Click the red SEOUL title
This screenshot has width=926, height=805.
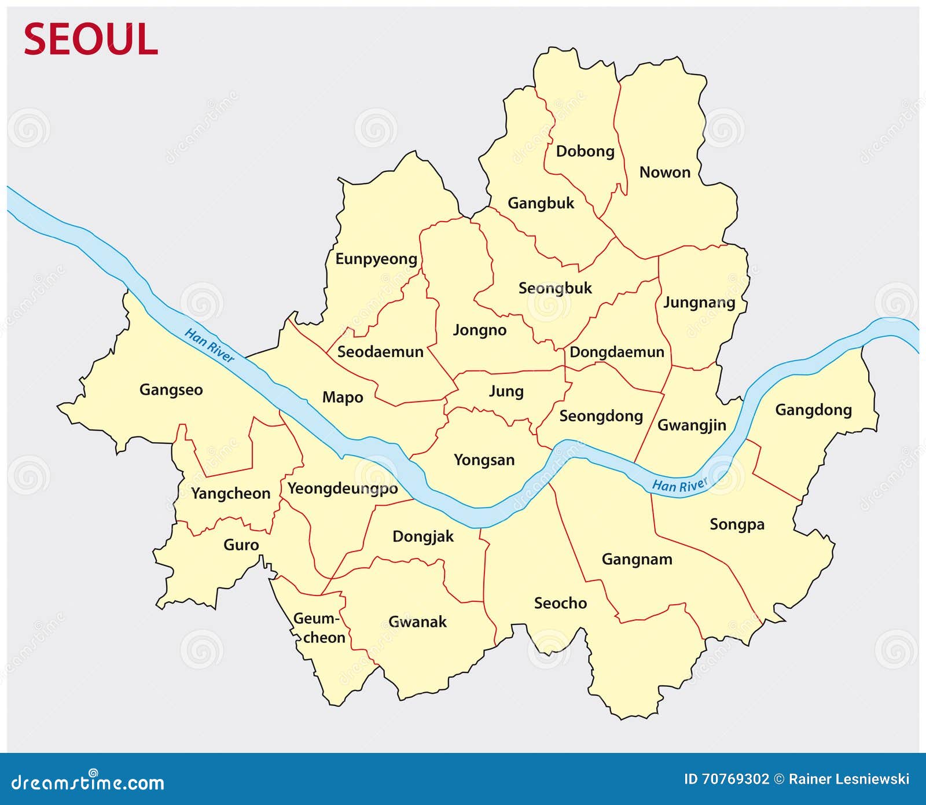90,39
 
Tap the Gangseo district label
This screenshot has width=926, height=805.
171,390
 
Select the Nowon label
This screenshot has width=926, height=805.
664,172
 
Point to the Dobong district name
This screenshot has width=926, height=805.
585,152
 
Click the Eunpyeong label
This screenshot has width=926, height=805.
376,259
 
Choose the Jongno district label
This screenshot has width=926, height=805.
479,330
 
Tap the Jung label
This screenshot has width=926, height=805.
506,392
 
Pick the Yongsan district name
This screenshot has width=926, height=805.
484,460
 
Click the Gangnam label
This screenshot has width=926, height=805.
637,560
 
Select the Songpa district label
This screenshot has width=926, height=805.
737,525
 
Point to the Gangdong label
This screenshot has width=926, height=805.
813,410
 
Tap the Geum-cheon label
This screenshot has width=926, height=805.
319,628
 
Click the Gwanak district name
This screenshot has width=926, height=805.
417,622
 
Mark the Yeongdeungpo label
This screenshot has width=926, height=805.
343,489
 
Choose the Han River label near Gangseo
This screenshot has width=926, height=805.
210,345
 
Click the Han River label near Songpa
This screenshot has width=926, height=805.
679,485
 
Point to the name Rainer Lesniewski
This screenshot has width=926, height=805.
849,780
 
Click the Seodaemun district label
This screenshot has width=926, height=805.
380,352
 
